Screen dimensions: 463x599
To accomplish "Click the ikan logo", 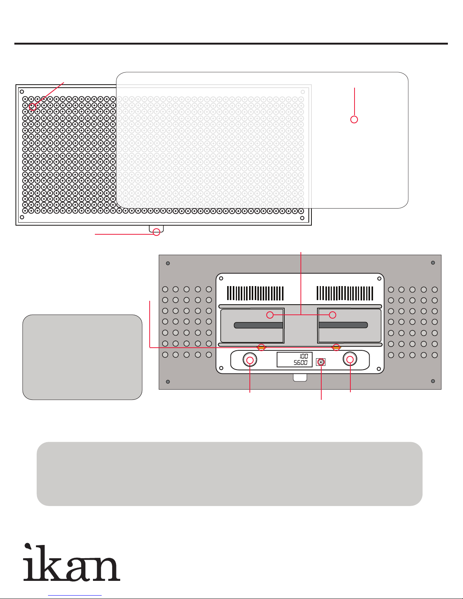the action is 72,562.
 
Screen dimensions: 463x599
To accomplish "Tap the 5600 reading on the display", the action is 300,363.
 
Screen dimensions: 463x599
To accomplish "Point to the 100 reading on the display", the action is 304,356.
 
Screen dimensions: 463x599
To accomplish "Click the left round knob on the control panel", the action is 250,360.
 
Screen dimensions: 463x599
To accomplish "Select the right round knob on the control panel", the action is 350,359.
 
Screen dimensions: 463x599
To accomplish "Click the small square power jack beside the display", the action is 321,362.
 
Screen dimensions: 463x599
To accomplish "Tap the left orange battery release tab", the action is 261,347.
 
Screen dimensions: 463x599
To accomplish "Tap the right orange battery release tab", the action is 336,347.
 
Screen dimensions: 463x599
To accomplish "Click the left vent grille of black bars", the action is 255,293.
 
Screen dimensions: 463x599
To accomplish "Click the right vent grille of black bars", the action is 345,293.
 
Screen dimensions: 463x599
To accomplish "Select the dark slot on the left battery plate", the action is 259,325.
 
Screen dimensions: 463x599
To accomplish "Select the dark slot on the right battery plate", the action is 343,325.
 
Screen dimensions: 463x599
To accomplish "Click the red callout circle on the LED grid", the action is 33,107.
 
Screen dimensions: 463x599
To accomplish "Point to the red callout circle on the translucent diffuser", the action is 354,119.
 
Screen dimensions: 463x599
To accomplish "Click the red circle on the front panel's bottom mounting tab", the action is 156,232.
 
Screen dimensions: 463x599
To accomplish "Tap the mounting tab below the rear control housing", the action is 300,378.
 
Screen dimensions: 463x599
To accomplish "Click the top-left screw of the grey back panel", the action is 168,263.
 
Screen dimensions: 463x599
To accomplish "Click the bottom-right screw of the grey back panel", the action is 433,381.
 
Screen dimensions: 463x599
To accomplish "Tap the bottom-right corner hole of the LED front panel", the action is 302,218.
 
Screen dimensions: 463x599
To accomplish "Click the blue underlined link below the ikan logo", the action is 75,596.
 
